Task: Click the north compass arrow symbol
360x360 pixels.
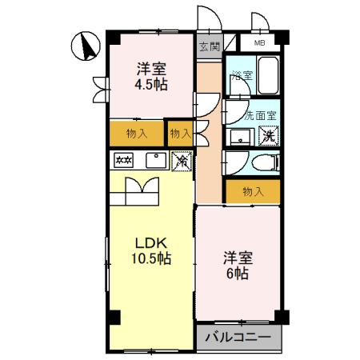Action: (86, 46)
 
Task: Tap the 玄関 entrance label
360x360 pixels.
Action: (210, 46)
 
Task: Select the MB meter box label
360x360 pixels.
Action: (259, 42)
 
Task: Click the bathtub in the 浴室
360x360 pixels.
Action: (268, 75)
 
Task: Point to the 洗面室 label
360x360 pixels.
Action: (260, 116)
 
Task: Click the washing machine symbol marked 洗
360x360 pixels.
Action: (269, 136)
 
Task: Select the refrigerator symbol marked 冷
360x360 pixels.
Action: (182, 161)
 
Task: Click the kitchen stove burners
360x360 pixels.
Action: (123, 160)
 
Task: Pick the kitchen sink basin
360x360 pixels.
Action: (156, 161)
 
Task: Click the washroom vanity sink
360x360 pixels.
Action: (240, 138)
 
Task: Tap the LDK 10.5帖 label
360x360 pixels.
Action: (151, 250)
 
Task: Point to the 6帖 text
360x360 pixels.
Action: (238, 274)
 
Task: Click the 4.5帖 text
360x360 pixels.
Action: (151, 85)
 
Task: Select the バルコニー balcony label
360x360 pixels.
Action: (238, 338)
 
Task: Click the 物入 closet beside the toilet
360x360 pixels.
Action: (253, 191)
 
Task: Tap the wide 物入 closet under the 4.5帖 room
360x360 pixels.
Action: (137, 134)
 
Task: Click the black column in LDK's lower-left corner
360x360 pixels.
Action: (114, 318)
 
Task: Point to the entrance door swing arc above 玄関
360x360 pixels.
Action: (210, 18)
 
